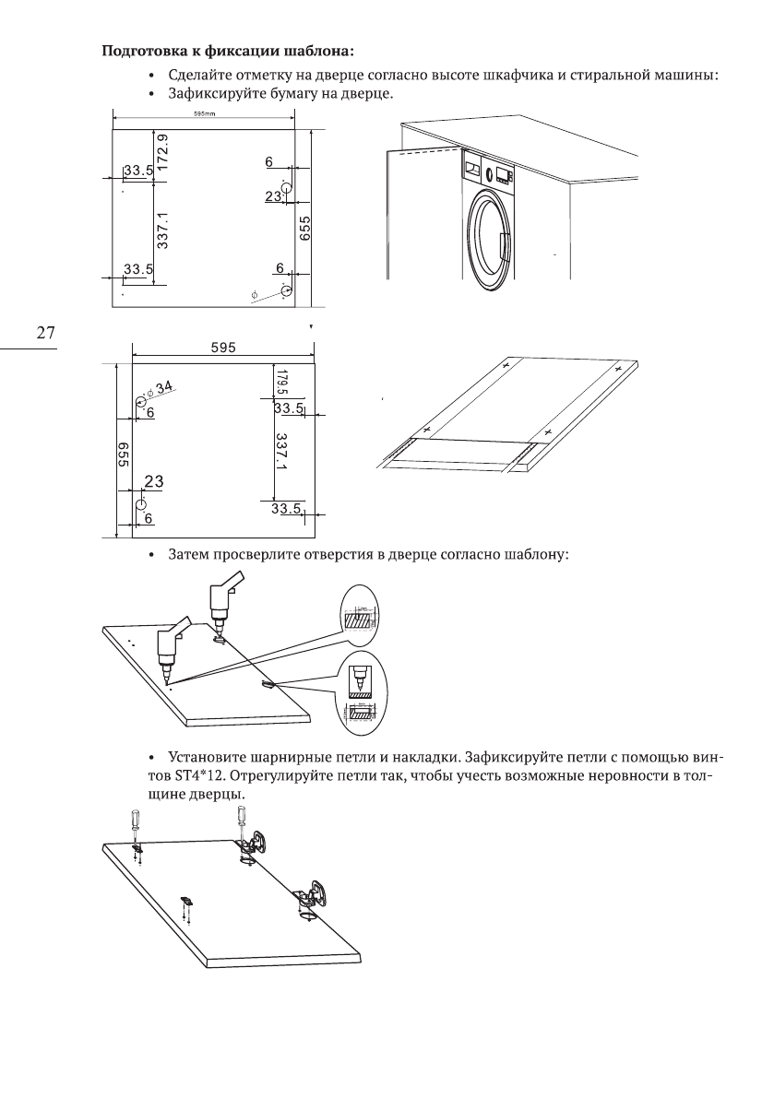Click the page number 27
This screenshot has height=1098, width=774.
click(x=45, y=333)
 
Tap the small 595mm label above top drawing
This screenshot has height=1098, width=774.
click(x=204, y=115)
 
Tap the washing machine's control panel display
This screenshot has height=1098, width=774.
click(x=503, y=174)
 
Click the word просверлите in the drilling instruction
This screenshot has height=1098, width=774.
click(x=250, y=556)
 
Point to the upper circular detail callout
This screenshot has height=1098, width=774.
click(x=360, y=614)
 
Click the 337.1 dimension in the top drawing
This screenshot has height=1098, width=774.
click(x=161, y=229)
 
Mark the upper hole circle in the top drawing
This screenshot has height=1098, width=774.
click(x=287, y=188)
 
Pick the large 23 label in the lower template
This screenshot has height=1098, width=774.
click(x=154, y=481)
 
